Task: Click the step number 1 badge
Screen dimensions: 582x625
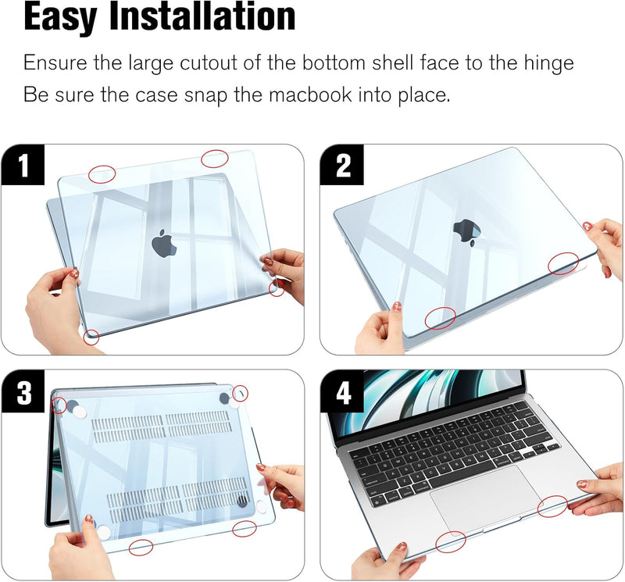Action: pos(23,166)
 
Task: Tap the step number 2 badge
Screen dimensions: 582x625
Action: pos(343,166)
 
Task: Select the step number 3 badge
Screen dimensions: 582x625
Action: pos(23,392)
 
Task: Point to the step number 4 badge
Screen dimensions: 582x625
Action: pos(343,392)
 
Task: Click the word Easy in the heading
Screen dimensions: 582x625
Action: pos(71,19)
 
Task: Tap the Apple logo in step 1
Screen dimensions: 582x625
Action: pos(163,243)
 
